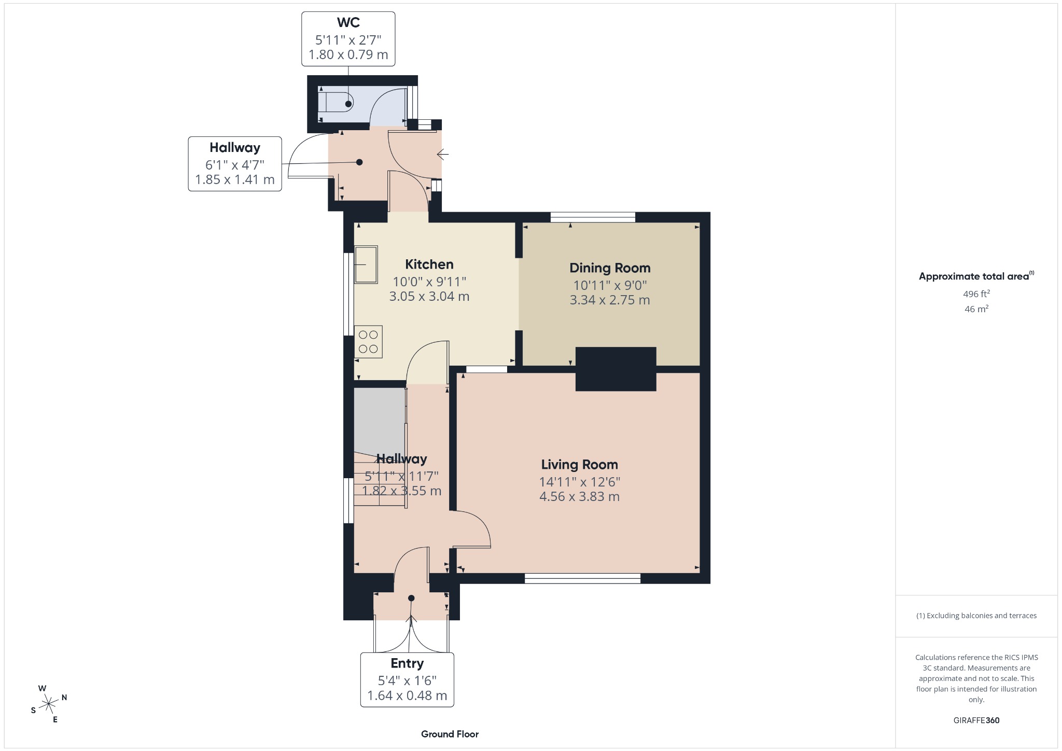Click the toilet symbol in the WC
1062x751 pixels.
point(334,102)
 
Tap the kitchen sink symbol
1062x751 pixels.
point(366,265)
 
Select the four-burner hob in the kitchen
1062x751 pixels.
point(368,342)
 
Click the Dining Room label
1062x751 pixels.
point(610,268)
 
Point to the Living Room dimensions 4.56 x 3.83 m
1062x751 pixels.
point(579,497)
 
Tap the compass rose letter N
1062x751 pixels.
point(64,698)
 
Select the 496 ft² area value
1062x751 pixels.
point(976,294)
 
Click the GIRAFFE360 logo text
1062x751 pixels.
point(976,720)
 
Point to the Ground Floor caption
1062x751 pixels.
point(450,734)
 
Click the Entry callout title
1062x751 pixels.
point(407,663)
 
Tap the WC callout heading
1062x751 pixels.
point(348,23)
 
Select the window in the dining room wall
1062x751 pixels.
point(593,217)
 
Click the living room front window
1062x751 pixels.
point(582,578)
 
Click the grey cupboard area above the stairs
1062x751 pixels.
point(379,420)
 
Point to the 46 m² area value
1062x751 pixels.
point(976,309)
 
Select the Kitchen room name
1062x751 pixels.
point(429,265)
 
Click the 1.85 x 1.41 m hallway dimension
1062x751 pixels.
point(234,180)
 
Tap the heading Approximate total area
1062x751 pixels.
point(973,276)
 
